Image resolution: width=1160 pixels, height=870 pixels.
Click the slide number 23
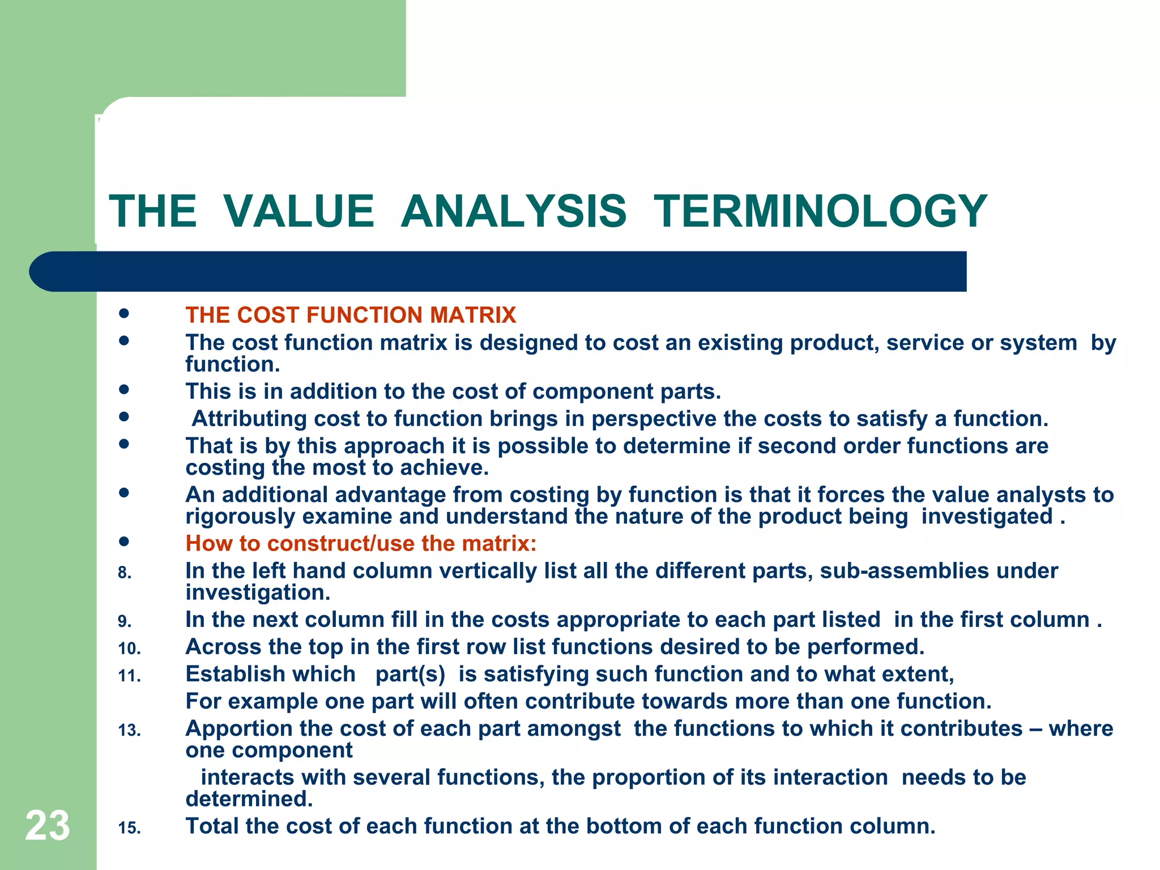click(x=48, y=825)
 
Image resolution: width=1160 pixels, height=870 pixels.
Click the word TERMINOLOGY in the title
click(x=821, y=211)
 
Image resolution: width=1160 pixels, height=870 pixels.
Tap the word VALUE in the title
click(x=298, y=211)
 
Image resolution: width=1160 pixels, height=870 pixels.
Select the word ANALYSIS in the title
click(x=513, y=211)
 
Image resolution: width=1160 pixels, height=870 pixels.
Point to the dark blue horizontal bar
click(x=498, y=271)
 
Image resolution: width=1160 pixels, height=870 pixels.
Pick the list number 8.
click(x=125, y=573)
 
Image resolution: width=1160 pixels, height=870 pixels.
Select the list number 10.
click(x=129, y=649)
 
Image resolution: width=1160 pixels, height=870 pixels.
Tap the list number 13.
click(x=129, y=731)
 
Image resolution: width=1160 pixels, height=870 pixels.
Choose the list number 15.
click(x=129, y=828)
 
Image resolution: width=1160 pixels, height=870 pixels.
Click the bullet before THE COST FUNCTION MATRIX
click(x=124, y=313)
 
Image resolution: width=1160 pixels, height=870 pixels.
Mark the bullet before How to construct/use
click(x=124, y=541)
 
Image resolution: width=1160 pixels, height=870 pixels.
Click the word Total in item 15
click(x=212, y=826)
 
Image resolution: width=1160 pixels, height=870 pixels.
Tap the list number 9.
click(x=125, y=622)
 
